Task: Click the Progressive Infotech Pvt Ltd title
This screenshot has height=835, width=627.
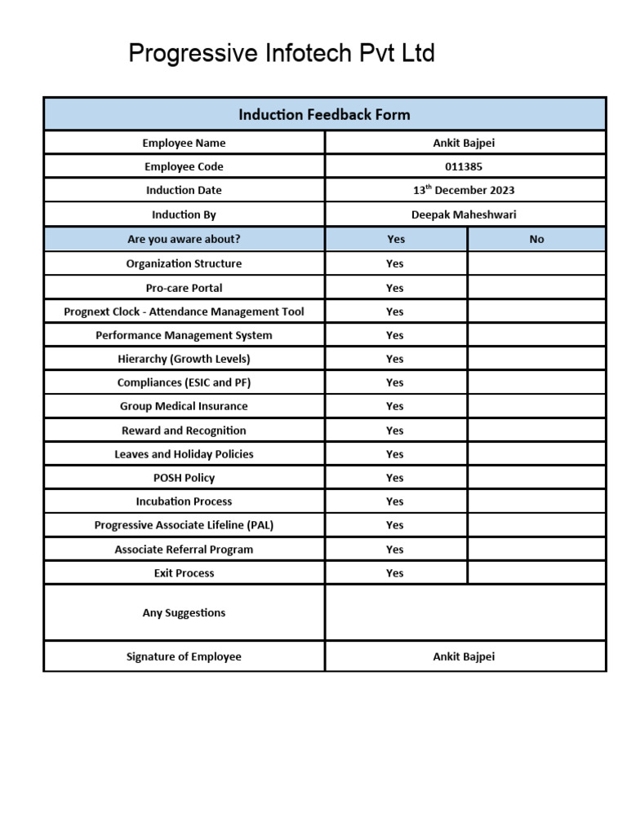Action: (282, 54)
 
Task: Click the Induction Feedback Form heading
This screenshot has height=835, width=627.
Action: (324, 114)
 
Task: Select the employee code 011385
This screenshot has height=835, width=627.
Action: (464, 166)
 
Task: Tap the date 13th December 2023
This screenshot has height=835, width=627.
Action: (464, 190)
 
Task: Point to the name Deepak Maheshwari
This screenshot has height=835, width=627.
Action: (464, 214)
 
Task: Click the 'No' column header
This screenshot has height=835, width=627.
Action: (536, 239)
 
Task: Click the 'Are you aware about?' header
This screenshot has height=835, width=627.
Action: (184, 239)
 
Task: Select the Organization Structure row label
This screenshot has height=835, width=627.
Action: (184, 263)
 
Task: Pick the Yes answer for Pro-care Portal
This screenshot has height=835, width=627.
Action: (395, 288)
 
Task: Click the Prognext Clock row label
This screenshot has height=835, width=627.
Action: (184, 311)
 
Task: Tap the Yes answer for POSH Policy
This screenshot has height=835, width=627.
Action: (395, 478)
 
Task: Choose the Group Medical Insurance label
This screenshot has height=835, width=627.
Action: (184, 406)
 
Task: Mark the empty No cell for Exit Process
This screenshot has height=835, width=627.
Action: (536, 573)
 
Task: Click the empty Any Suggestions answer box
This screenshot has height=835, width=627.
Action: (465, 612)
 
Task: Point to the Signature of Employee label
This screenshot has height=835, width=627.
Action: (184, 656)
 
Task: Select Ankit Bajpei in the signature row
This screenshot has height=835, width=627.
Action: (464, 656)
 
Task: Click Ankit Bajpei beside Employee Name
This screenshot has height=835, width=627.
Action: (464, 143)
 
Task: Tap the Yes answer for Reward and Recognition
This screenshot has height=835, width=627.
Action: (395, 431)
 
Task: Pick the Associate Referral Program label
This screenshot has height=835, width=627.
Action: (184, 550)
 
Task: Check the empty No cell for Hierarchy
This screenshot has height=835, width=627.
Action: (536, 359)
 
